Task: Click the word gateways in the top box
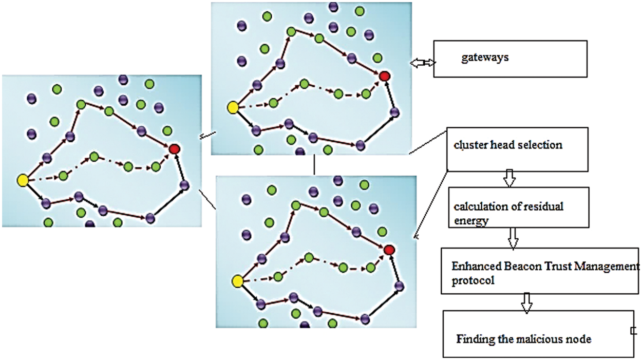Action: click(485, 58)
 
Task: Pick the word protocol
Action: click(473, 280)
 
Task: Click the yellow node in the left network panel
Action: click(23, 181)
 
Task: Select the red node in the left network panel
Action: click(174, 149)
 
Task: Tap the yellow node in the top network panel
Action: click(233, 108)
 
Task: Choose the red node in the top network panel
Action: click(385, 76)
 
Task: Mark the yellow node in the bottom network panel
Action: click(238, 281)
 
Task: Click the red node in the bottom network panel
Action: click(389, 250)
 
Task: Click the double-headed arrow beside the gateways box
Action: click(423, 63)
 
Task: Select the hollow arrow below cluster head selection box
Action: click(509, 178)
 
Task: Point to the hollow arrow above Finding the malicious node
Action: click(527, 302)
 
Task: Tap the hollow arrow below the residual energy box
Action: click(513, 238)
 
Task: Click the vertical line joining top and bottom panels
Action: click(314, 165)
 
